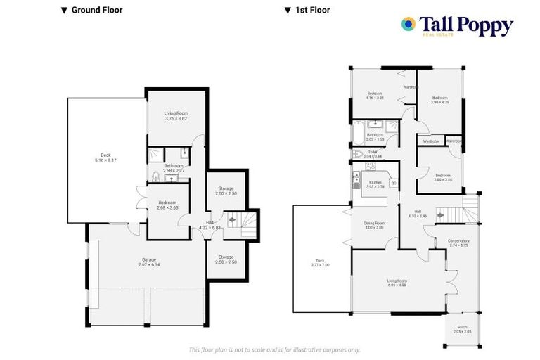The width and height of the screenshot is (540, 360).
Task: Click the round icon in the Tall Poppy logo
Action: [x=408, y=25]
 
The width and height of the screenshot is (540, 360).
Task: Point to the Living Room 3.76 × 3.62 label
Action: [x=176, y=115]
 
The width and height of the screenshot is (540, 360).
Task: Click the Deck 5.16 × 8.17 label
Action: [x=105, y=157]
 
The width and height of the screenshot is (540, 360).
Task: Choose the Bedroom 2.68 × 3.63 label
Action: [x=167, y=205]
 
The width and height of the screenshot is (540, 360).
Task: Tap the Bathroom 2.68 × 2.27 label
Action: [x=173, y=168]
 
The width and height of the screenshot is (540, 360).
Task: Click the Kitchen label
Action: [x=375, y=184]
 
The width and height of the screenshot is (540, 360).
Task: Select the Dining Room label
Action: [x=374, y=225]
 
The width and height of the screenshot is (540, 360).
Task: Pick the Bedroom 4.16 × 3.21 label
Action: [x=374, y=96]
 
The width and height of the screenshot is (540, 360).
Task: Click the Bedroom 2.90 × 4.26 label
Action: [x=440, y=100]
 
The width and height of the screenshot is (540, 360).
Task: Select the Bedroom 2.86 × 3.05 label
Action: [x=443, y=177]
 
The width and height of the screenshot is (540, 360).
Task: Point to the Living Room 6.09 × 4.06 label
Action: [x=397, y=283]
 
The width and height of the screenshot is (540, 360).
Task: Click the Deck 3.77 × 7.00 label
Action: [x=321, y=262]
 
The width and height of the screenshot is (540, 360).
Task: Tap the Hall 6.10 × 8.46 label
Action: [x=418, y=213]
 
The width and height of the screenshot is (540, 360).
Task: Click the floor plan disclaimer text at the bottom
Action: [x=275, y=349]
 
